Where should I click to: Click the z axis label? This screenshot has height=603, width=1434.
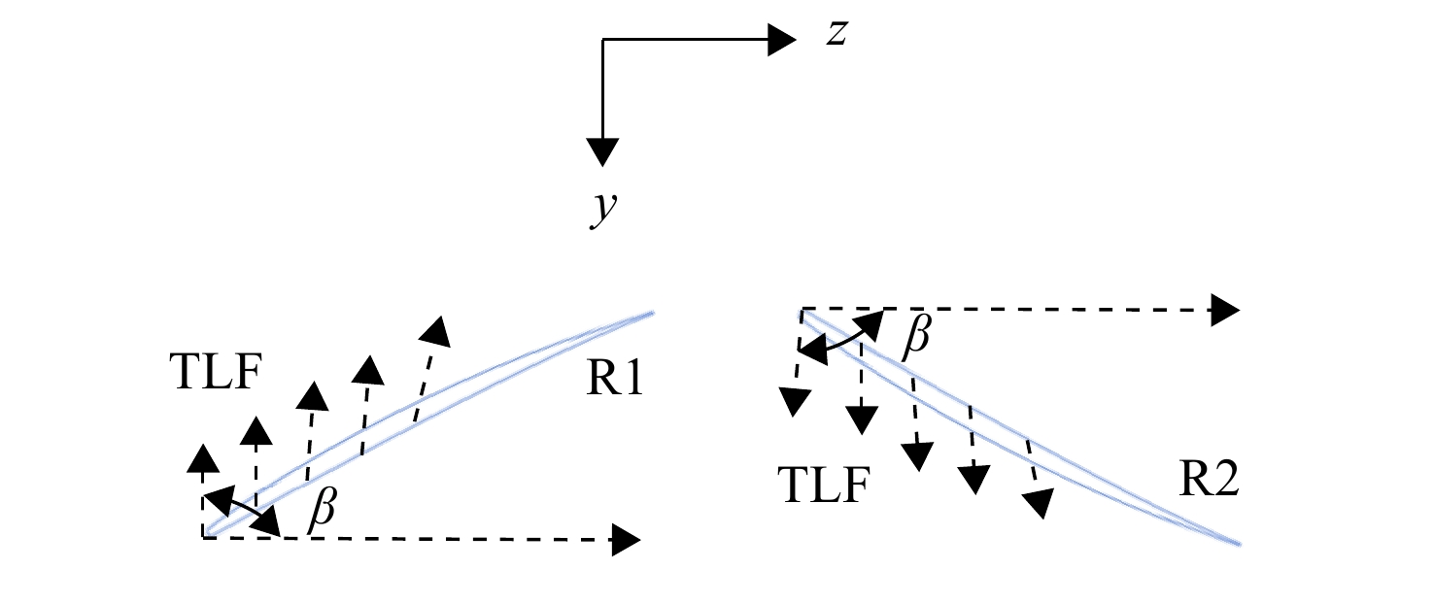(x=836, y=33)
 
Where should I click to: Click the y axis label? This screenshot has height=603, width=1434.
(x=603, y=209)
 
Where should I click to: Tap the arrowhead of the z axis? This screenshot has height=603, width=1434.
(x=782, y=40)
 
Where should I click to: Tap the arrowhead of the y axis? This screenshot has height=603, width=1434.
(x=602, y=152)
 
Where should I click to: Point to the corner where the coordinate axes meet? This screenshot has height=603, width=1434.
(x=602, y=40)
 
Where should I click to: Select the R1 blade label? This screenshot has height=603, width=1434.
(x=615, y=378)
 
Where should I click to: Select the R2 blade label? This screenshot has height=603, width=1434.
(x=1209, y=479)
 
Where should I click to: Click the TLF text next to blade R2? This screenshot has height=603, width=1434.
(x=824, y=485)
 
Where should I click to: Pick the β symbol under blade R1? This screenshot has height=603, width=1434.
(x=322, y=510)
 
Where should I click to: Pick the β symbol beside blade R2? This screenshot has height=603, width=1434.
(x=915, y=336)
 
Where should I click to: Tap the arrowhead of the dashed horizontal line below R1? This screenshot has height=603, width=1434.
(x=626, y=540)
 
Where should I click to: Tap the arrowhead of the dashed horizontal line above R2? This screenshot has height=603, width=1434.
(x=1225, y=311)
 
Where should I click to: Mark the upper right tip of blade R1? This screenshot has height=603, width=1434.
(x=653, y=313)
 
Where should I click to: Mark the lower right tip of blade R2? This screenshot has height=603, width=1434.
(x=1240, y=545)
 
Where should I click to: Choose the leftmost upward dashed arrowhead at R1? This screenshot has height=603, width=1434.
(x=203, y=458)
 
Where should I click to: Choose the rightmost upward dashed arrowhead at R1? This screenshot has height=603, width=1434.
(x=435, y=331)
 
